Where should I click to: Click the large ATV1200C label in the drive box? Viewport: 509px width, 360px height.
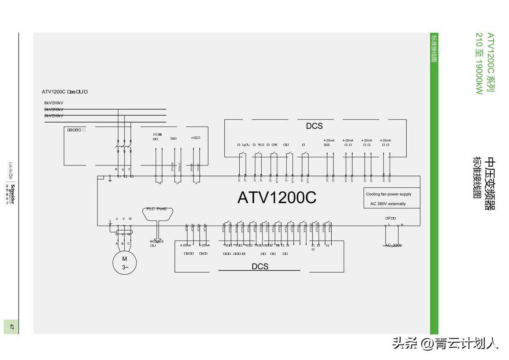(277, 198)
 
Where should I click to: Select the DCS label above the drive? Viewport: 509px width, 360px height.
(314, 126)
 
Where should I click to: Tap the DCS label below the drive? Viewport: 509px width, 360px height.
(260, 266)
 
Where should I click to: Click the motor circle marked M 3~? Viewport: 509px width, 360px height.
(124, 263)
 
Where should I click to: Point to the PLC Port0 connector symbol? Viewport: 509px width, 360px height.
(157, 213)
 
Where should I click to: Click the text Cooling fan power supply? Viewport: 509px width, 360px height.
(389, 194)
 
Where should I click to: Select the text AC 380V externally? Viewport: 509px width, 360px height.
(385, 204)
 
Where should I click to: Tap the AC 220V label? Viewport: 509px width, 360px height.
(393, 246)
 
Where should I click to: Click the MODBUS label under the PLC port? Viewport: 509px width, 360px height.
(156, 242)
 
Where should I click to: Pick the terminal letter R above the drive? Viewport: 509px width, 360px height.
(116, 169)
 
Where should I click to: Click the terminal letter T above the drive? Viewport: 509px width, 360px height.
(129, 169)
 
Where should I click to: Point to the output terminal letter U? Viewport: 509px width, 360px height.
(117, 219)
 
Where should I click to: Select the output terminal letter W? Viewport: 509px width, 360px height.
(130, 219)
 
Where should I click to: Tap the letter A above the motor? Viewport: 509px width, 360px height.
(117, 243)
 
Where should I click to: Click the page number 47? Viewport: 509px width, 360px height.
(12, 327)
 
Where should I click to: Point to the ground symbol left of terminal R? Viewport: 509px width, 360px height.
(110, 180)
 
